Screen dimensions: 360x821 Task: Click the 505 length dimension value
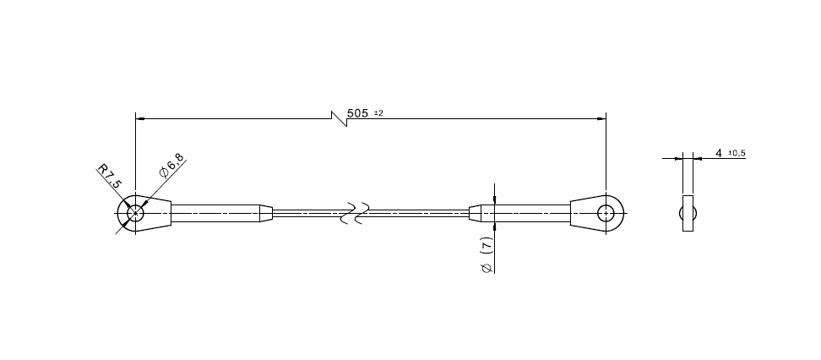click(358, 112)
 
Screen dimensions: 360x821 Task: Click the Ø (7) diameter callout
click(486, 254)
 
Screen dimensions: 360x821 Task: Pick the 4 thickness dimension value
click(718, 153)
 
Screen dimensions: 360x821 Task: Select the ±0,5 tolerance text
click(736, 153)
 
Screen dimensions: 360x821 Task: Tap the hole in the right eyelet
click(606, 213)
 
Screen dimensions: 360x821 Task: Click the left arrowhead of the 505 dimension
click(140, 117)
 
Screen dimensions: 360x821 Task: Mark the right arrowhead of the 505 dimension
click(601, 117)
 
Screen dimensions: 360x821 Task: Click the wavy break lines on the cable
click(355, 213)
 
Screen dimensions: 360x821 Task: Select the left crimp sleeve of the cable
click(216, 213)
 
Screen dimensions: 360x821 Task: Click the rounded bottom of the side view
click(688, 223)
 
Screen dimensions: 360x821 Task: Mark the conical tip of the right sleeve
click(476, 213)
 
